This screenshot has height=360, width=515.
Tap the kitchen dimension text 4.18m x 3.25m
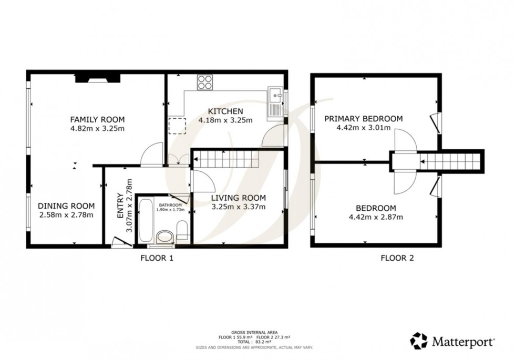coord(225,120)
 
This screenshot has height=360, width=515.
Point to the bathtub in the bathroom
coord(147,221)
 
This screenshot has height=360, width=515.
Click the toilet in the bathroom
coord(181,230)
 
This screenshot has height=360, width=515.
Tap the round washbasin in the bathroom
coord(164,236)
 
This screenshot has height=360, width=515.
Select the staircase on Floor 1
coord(226,159)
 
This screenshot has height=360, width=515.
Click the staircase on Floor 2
coord(452,161)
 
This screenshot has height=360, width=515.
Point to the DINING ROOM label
coord(67,205)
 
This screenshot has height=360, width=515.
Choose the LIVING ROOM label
coord(239,198)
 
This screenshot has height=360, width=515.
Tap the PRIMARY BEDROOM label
coord(363,119)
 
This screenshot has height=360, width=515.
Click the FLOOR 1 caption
coord(156,258)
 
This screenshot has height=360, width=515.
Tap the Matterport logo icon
coord(419,341)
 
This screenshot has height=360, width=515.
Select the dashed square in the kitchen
coord(175,126)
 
